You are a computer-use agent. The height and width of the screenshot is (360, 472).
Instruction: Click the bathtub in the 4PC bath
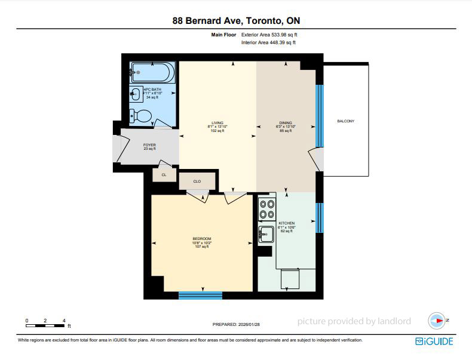pyautogui.click(x=152, y=72)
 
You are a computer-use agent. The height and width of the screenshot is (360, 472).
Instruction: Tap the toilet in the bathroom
pyautogui.click(x=140, y=116)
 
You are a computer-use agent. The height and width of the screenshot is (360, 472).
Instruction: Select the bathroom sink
pyautogui.click(x=136, y=94)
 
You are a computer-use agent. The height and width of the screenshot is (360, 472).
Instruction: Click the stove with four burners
pyautogui.click(x=267, y=210)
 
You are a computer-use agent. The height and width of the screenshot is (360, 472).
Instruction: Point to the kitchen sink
pyautogui.click(x=266, y=234)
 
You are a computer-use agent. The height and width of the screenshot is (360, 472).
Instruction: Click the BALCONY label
pyautogui.click(x=345, y=121)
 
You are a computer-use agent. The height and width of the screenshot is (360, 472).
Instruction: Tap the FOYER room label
pyautogui.click(x=149, y=145)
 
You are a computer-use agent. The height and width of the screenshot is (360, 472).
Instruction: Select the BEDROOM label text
pyautogui.click(x=202, y=238)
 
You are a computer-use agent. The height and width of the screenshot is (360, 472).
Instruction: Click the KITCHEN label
pyautogui.click(x=287, y=223)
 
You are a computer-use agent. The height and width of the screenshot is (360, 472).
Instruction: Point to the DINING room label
pyautogui.click(x=286, y=123)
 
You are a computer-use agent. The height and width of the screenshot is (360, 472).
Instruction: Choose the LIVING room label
pyautogui.click(x=217, y=123)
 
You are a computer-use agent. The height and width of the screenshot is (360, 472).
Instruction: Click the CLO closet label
pyautogui.click(x=197, y=181)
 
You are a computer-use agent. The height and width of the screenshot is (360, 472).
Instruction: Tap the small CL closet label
pyautogui.click(x=164, y=175)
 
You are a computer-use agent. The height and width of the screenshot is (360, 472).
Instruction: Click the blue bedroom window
pyautogui.click(x=201, y=296)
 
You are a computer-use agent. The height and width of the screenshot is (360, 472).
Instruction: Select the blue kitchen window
pyautogui.click(x=320, y=218)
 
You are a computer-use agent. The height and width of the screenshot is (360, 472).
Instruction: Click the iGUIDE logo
pyautogui.click(x=434, y=341)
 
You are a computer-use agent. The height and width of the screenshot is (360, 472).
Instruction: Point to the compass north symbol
pyautogui.click(x=437, y=321)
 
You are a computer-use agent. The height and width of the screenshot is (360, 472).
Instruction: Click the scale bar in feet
pyautogui.click(x=45, y=326)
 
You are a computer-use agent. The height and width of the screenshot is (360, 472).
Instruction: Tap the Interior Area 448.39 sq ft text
pyautogui.click(x=268, y=42)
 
